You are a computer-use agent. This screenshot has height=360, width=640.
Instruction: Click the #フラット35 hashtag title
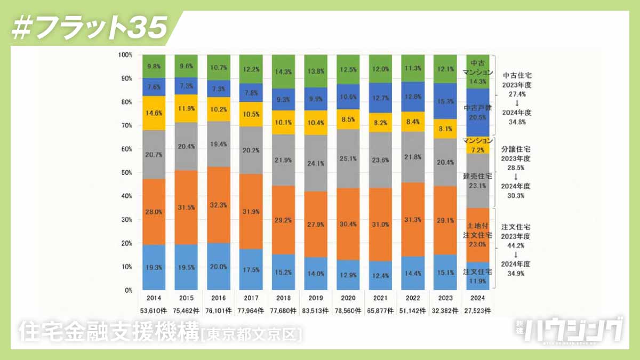pos(89,28)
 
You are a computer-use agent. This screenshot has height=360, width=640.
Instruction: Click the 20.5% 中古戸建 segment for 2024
pos(478,112)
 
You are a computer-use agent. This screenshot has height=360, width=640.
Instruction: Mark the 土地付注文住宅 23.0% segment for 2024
pos(478,235)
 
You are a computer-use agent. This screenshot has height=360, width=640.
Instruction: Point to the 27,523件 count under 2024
pos(478,310)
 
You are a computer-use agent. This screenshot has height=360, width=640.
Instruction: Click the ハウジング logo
pos(574,330)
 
